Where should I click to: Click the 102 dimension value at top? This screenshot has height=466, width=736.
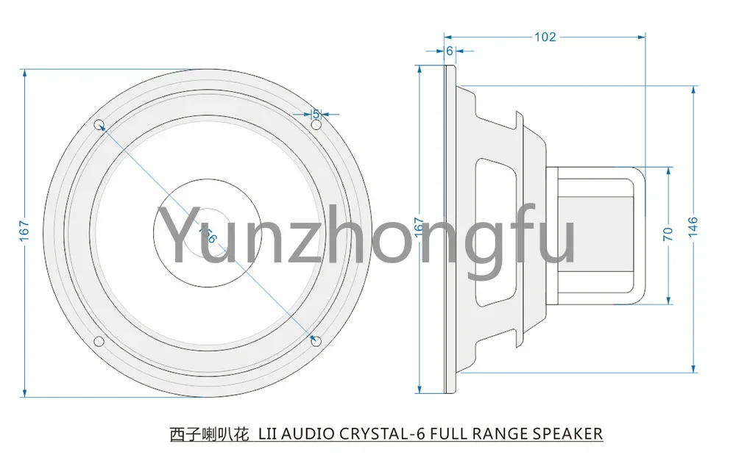tap(545, 37)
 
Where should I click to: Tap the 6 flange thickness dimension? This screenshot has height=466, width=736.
tap(449, 51)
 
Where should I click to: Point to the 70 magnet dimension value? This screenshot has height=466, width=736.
tap(668, 234)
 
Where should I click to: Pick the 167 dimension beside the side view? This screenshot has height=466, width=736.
tap(419, 233)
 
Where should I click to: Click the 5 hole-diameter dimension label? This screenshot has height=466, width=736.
tap(316, 114)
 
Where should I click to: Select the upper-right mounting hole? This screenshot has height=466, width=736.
tap(316, 126)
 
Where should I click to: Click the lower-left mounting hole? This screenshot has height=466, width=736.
tap(99, 340)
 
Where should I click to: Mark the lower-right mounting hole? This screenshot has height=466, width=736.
tap(316, 341)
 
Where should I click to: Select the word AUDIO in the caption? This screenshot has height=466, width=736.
tap(305, 434)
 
